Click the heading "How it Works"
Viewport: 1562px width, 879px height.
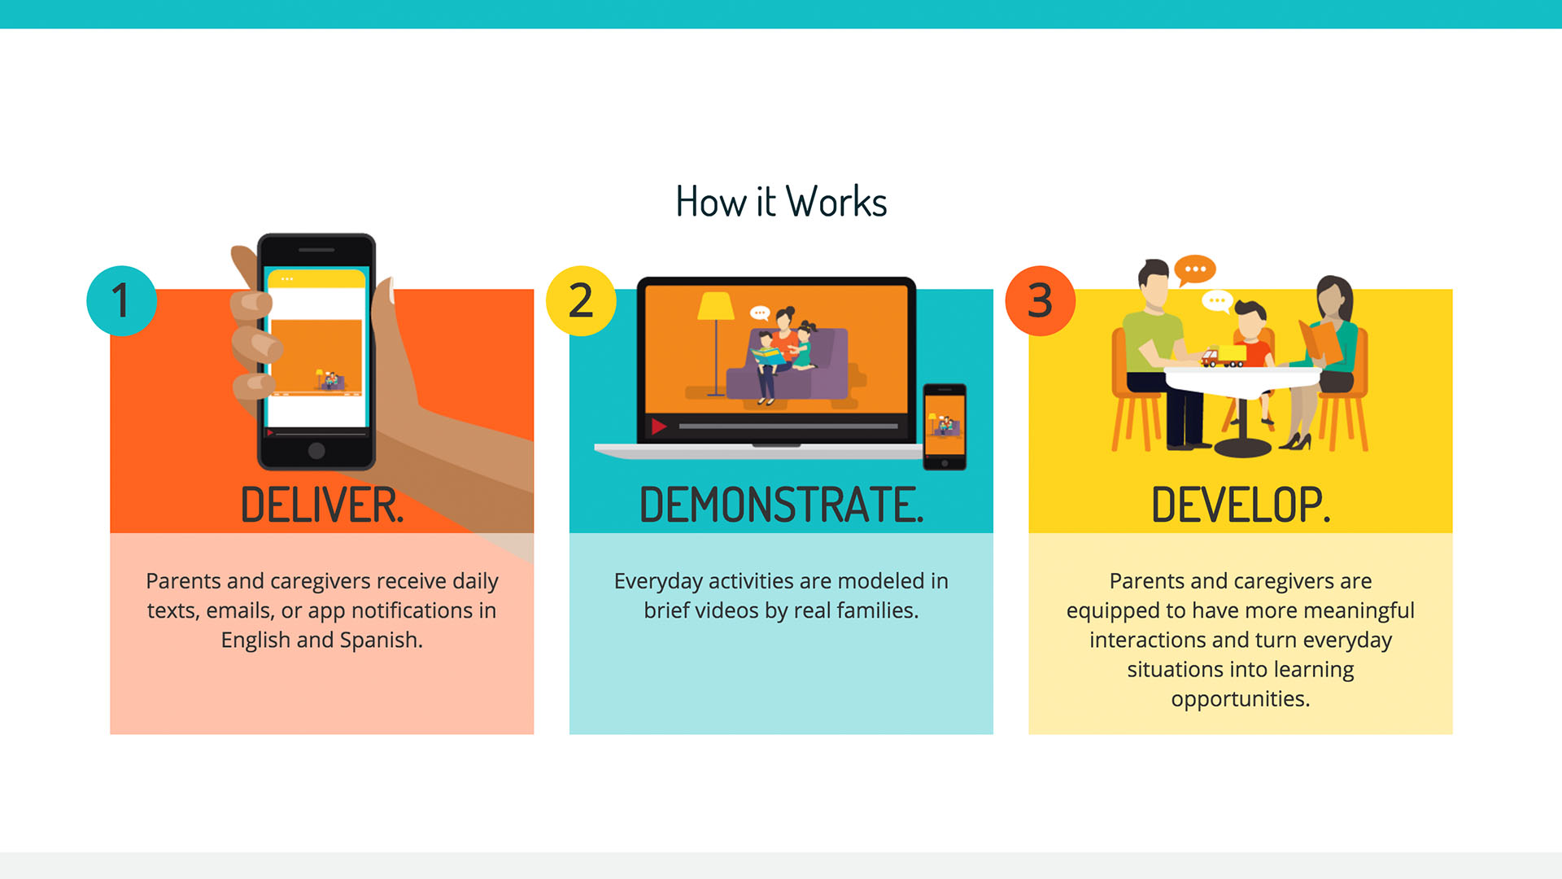tap(781, 202)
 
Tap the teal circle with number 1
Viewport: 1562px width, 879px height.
tap(122, 301)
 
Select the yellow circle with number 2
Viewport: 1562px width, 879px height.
tap(581, 301)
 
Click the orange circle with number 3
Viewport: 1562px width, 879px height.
tap(1041, 301)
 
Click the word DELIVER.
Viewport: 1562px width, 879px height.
tap(322, 505)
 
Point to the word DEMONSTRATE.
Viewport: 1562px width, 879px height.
tap(781, 505)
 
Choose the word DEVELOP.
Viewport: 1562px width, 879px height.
tap(1241, 505)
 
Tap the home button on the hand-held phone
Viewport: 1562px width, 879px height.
tap(316, 451)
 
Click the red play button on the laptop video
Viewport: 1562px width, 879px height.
tap(659, 426)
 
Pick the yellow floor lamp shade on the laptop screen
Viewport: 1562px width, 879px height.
tap(716, 305)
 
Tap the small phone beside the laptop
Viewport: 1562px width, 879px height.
tap(945, 426)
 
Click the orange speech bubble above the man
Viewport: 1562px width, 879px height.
tap(1194, 269)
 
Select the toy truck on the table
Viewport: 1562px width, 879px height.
tap(1223, 356)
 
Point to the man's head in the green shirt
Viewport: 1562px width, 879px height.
tap(1154, 285)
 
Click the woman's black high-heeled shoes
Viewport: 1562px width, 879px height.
tap(1295, 442)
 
